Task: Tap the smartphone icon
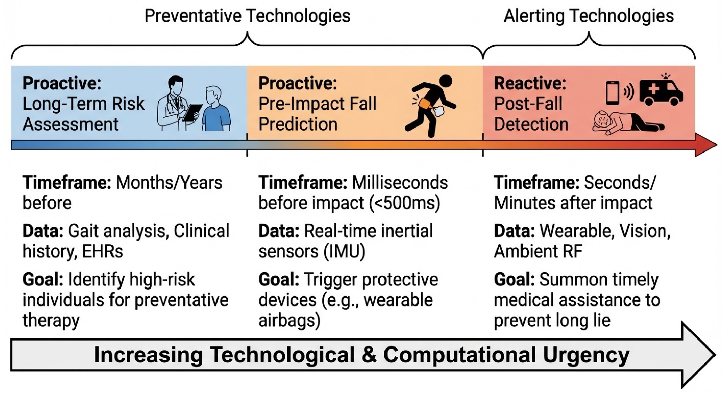tap(612, 93)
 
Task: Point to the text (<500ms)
tap(404, 203)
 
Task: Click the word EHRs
tap(103, 251)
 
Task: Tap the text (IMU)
tap(344, 251)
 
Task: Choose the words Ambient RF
tap(538, 251)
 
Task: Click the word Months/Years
tap(169, 182)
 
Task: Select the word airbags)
tap(290, 320)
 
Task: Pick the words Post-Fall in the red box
tap(528, 104)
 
